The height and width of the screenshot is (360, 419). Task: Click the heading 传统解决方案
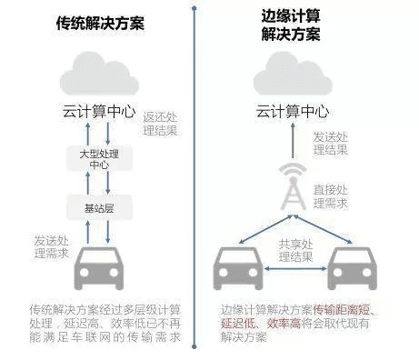tap(97, 24)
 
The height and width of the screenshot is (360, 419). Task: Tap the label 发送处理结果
tap(332, 144)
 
